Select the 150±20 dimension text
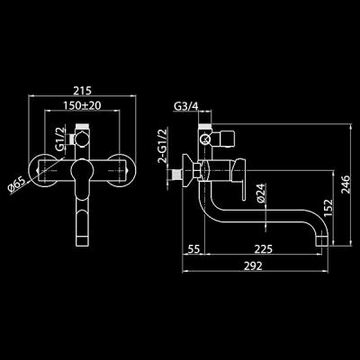click(83, 107)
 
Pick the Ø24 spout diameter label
click(259, 193)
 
